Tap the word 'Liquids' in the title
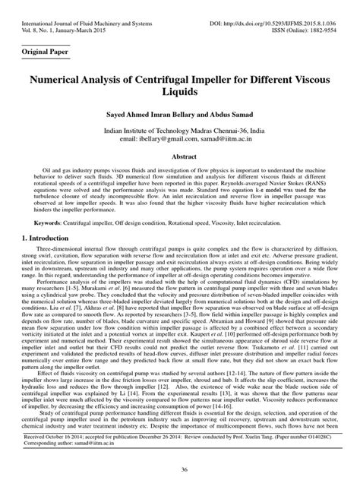tap(180, 91)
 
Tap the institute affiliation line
tap(180, 131)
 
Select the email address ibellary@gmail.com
tap(164, 139)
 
